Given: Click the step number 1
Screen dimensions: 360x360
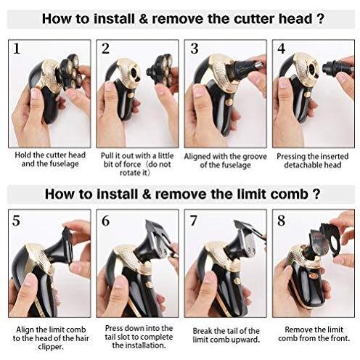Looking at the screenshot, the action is point(17,49).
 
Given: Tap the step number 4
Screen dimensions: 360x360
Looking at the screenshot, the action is point(281,49).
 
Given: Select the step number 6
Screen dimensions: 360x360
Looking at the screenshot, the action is point(105,221).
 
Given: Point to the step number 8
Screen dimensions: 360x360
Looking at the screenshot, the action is point(281,221).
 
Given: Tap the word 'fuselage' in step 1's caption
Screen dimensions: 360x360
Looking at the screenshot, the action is point(65,164).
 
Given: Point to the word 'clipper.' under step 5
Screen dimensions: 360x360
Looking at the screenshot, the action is point(51,347).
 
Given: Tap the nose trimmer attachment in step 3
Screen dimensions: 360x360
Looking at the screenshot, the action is point(247,66).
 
